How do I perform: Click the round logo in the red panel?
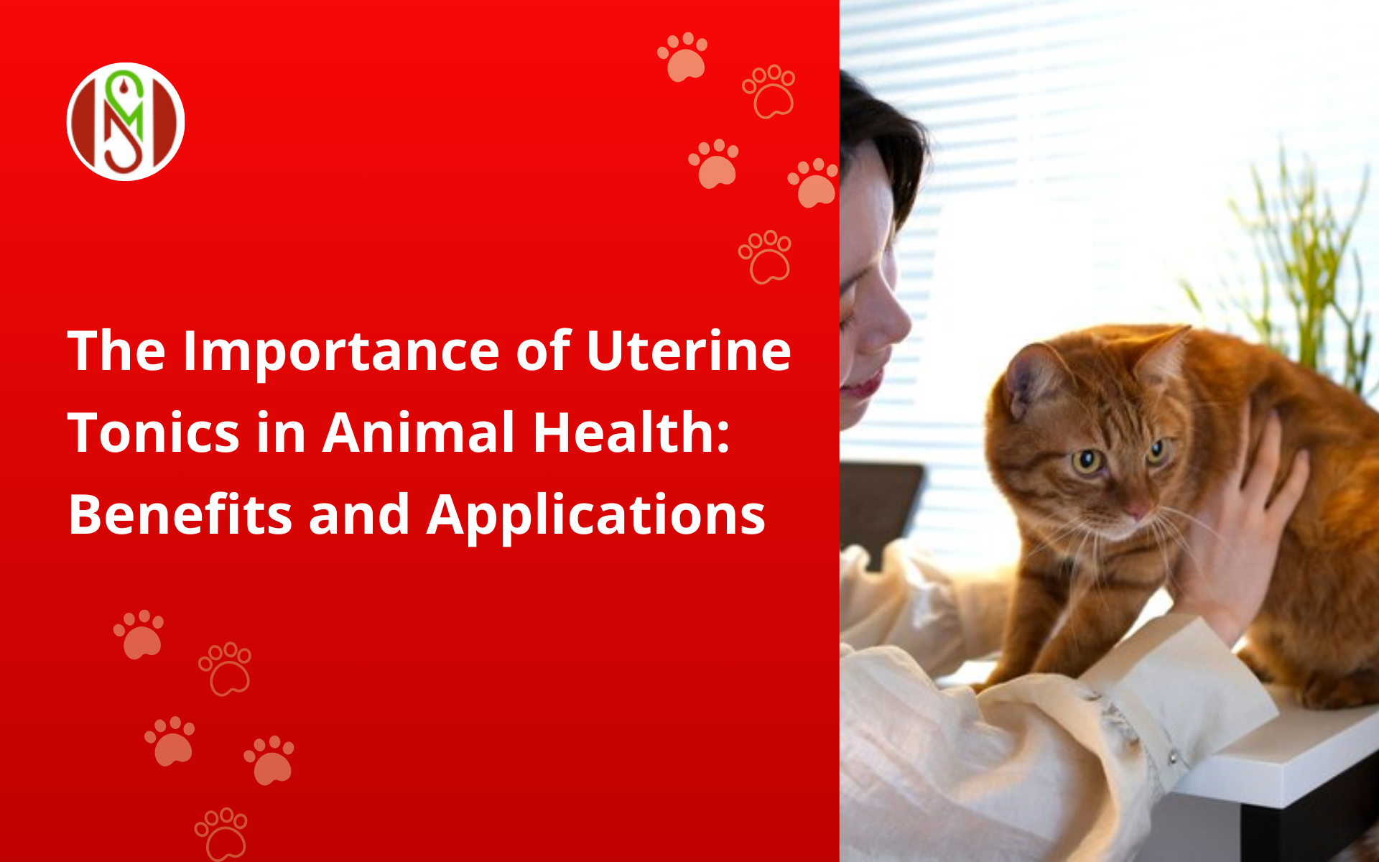click(x=126, y=121)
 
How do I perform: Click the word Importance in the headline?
click(x=341, y=353)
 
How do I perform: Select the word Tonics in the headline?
click(x=154, y=433)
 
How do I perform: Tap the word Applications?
click(x=596, y=516)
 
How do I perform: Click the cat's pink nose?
click(x=1138, y=512)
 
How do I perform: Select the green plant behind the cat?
click(x=1300, y=266)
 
